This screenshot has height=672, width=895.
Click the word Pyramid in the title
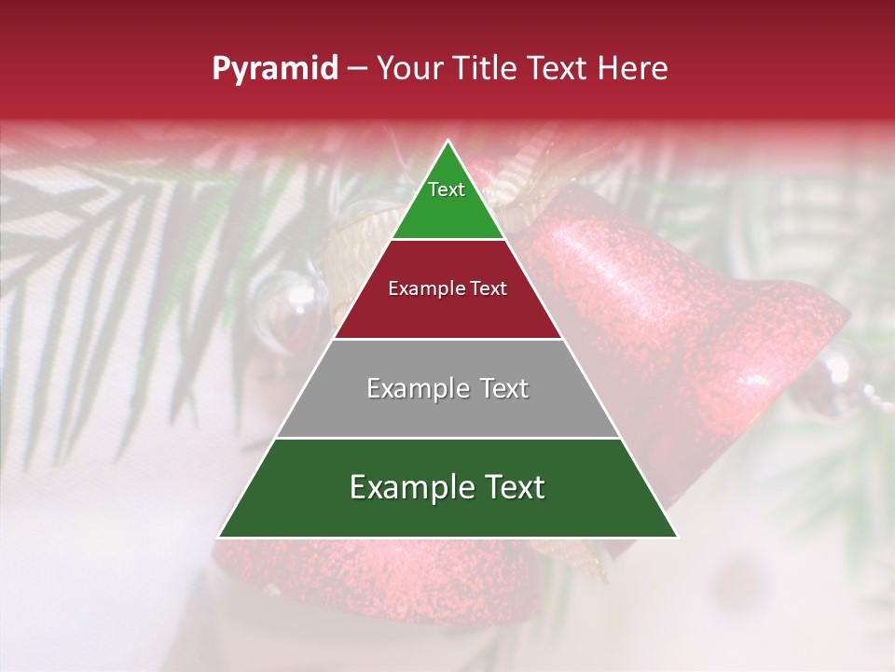[x=274, y=69]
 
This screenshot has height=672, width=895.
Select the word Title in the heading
[x=489, y=69]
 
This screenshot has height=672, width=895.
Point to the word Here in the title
[x=633, y=69]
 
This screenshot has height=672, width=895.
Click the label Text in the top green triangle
[x=447, y=189]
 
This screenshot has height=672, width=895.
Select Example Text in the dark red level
[x=447, y=288]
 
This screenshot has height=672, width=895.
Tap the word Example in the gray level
[x=415, y=388]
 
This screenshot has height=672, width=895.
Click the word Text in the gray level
[x=502, y=388]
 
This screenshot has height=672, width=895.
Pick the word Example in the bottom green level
[x=406, y=487]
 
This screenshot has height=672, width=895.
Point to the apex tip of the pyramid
[x=448, y=141]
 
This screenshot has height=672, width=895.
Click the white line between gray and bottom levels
[x=447, y=438]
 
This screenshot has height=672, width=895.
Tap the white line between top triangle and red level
[x=447, y=240]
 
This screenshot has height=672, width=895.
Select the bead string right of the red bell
[x=844, y=383]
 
